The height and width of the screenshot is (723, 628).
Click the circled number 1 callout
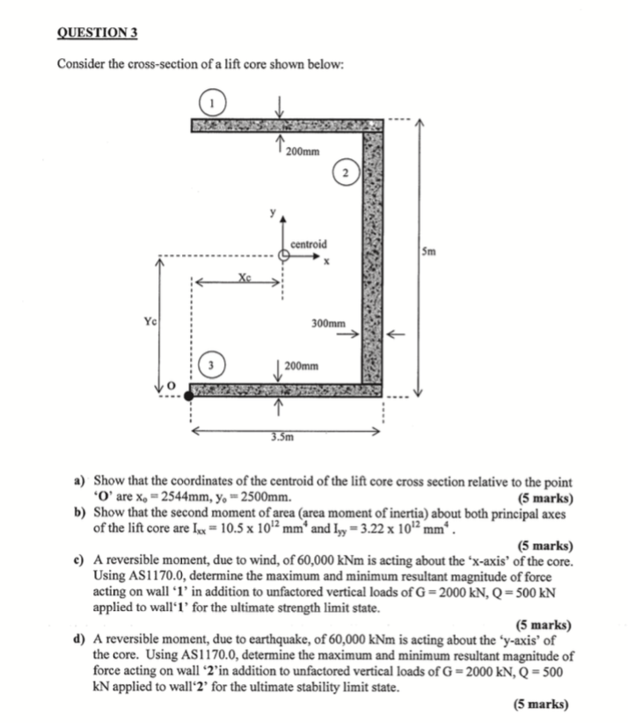pyautogui.click(x=213, y=103)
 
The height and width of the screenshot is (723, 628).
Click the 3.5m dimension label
pyautogui.click(x=281, y=435)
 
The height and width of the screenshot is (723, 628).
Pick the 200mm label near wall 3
pyautogui.click(x=303, y=363)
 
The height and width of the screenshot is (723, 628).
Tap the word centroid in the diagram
pyautogui.click(x=308, y=244)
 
